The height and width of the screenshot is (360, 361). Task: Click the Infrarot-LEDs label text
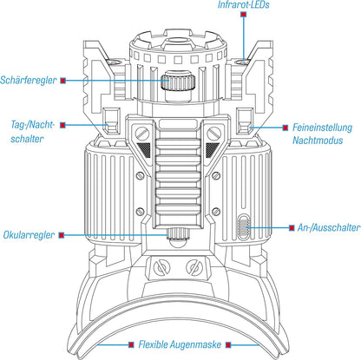coord(243,5)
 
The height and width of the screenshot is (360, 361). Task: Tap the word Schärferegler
coord(29,80)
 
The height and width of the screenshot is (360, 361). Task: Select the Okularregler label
coord(29,235)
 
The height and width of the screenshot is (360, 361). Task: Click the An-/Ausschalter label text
coord(329,228)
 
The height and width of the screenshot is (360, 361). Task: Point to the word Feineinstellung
coord(322,128)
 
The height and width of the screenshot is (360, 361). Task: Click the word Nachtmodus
coord(318,141)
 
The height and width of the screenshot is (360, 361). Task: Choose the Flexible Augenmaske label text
coord(180,344)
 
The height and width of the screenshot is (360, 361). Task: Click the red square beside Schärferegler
coord(63,81)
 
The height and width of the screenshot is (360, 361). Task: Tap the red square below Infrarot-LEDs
coord(244,14)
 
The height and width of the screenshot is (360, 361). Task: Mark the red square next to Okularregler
coord(62,235)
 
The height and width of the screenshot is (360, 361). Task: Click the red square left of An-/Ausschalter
coord(292,228)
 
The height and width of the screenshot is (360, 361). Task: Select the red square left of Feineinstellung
coord(286,128)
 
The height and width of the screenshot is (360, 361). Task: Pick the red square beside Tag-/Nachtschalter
coord(62,125)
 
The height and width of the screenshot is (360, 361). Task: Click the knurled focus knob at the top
coord(178,82)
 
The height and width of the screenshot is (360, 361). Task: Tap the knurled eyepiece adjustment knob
coord(178,233)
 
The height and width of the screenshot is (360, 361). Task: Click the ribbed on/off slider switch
coord(244,227)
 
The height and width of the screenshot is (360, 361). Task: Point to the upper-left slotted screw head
coord(142,134)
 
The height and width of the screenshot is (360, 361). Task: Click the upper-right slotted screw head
coord(214,134)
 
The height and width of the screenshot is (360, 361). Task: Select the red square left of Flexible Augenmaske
coord(131,344)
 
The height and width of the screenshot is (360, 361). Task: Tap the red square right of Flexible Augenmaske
coord(228,344)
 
